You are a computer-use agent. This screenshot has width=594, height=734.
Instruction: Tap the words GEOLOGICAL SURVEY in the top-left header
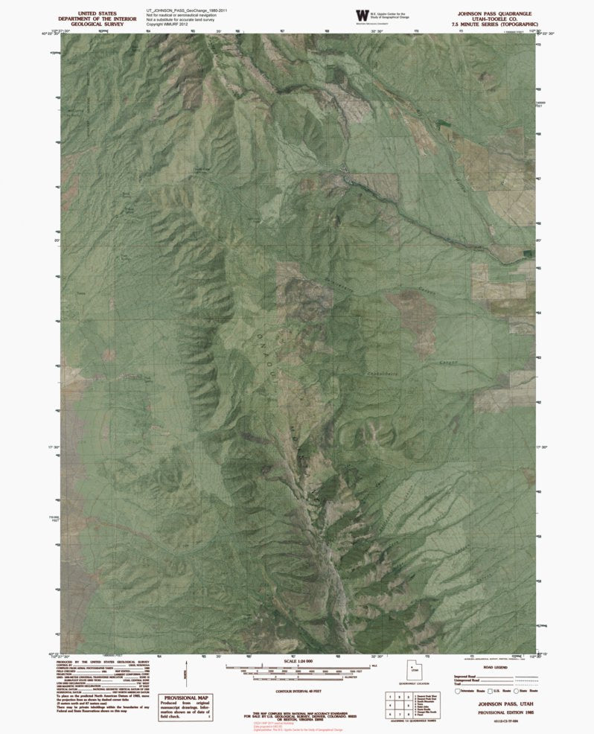click(x=97, y=24)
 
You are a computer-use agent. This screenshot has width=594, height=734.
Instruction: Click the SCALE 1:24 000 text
click(x=297, y=660)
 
